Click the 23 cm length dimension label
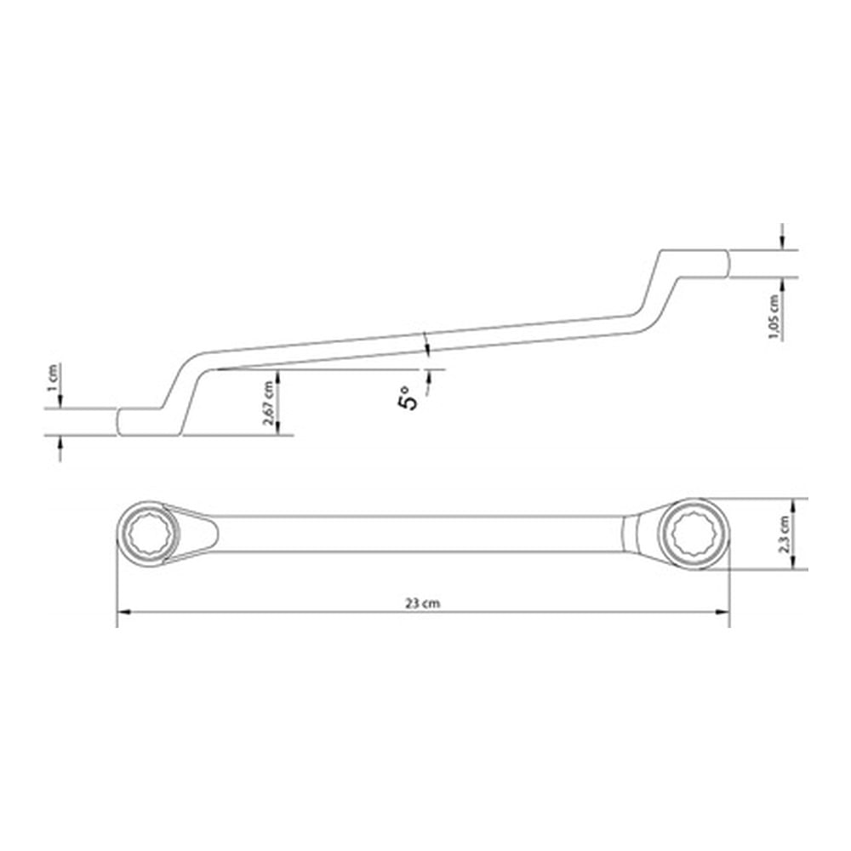click(422, 603)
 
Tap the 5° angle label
click(409, 397)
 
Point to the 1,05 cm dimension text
click(774, 317)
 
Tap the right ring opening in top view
click(693, 534)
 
